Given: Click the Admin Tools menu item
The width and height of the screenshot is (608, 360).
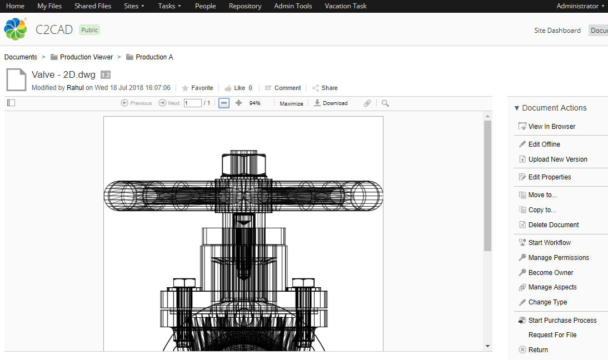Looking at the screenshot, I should (293, 6).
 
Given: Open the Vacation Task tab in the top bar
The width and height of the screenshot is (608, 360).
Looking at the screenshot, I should (346, 6).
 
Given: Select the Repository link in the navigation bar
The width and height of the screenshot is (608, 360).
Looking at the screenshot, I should (245, 6).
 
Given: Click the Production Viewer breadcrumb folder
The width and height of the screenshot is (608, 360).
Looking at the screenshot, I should (86, 57).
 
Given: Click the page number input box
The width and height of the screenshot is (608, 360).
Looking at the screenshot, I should (192, 103).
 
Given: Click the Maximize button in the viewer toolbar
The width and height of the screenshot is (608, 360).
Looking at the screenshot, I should (291, 103).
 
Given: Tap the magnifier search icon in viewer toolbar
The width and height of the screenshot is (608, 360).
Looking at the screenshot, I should (385, 103).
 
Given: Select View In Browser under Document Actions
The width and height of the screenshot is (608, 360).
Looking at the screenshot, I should (551, 127).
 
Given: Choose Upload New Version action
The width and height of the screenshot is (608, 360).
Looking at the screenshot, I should (557, 159).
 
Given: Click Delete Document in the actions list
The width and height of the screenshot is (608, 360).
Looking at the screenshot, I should (553, 225).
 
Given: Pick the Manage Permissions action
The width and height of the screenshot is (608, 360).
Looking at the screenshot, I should (558, 258).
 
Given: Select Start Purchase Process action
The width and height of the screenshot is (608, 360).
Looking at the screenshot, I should (562, 321).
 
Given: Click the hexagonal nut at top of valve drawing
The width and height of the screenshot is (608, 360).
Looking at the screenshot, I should (243, 163).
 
